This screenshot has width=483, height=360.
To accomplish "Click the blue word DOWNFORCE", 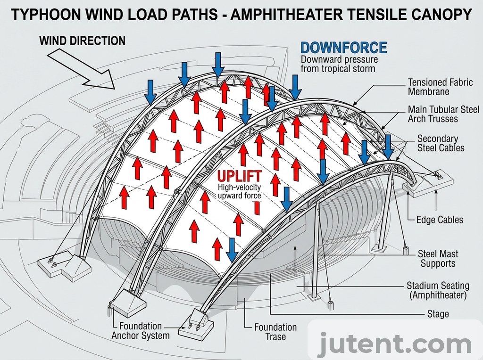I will pos(343,48).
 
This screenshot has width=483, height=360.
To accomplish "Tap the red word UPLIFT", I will pos(239,177).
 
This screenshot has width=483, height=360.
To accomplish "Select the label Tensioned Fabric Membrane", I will pos(440,87).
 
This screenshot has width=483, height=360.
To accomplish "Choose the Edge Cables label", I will pos(440,220).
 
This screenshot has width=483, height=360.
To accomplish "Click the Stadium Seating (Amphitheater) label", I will pos(438,290).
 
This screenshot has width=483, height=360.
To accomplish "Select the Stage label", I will pos(438,314).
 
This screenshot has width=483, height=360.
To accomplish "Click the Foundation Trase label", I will pos(275,332).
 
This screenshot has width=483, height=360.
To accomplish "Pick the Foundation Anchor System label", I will pos(140,331).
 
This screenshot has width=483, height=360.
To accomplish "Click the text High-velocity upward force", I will pos(239,191).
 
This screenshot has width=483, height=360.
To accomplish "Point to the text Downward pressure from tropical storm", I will pos(339,64).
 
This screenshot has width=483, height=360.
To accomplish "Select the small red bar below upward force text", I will pos(257,207).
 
